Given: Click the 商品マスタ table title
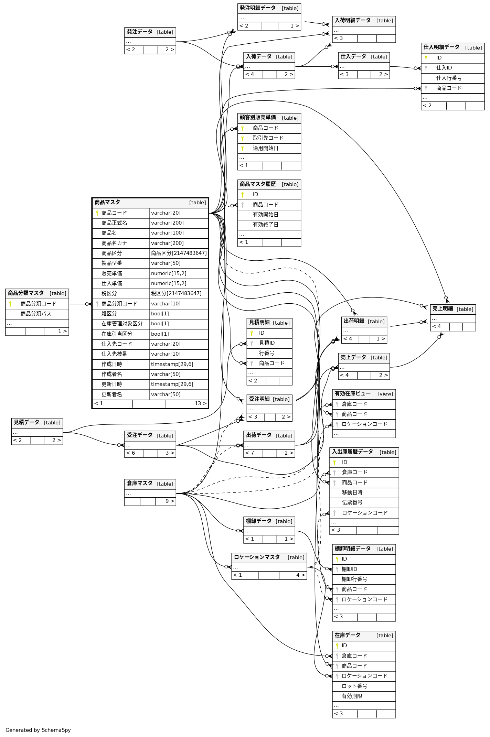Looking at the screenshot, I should click(107, 203).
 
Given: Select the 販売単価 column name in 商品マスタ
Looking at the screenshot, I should click(112, 273).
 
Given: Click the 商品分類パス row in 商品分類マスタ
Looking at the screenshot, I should click(36, 314).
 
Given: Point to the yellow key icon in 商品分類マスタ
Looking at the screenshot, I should click(10, 304).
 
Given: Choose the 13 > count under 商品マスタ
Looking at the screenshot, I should click(200, 403).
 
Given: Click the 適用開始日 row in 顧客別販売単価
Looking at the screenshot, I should click(265, 148).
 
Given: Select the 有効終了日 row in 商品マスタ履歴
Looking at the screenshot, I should click(265, 225).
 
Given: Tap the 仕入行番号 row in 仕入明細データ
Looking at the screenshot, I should click(449, 78).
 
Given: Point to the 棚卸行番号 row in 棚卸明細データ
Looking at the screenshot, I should click(354, 579).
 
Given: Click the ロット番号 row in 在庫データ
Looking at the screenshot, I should click(354, 686).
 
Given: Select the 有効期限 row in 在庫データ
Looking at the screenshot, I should click(352, 696).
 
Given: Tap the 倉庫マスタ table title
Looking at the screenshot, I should click(140, 484).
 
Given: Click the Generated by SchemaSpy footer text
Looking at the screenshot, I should click(38, 730).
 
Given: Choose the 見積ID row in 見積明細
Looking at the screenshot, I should click(267, 343).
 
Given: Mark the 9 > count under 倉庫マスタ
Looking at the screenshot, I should click(169, 501).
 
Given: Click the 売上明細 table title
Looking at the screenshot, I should click(443, 309).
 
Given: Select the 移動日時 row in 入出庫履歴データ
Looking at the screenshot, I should click(352, 492).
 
